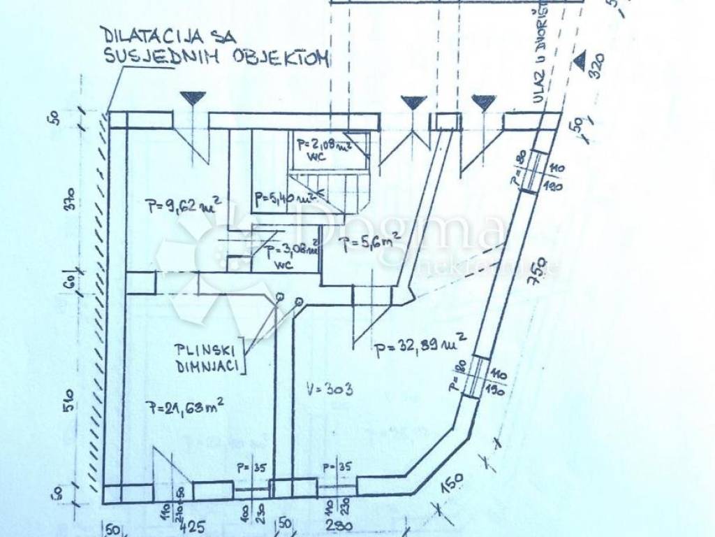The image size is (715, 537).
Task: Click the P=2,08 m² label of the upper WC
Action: point(321,145)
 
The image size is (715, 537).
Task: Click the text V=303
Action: point(328,389)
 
